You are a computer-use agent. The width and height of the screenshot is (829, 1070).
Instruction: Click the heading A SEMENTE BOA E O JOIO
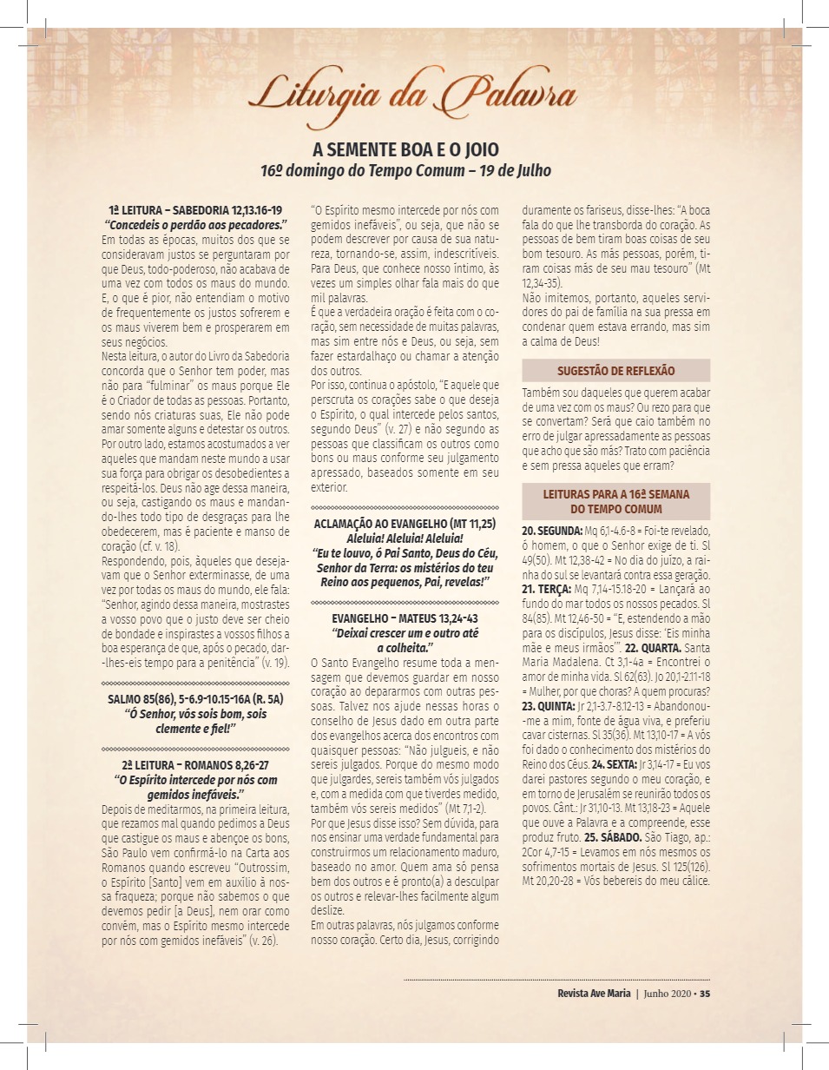pyautogui.click(x=405, y=149)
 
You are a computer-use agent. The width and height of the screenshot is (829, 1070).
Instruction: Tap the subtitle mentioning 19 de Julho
pyautogui.click(x=405, y=169)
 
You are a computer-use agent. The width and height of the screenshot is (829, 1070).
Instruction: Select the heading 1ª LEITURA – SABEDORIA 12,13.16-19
pyautogui.click(x=195, y=211)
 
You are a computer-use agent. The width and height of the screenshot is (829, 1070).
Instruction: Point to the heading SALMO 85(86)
pyautogui.click(x=195, y=699)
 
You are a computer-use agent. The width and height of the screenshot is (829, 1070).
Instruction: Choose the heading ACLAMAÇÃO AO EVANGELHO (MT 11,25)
pyautogui.click(x=405, y=524)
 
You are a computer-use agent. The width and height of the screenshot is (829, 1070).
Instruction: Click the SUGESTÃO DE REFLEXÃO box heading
pyautogui.click(x=615, y=371)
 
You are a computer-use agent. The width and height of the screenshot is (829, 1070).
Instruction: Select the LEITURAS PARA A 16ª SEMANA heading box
pyautogui.click(x=615, y=501)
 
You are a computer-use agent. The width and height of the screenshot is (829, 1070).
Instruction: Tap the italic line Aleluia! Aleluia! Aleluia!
pyautogui.click(x=405, y=538)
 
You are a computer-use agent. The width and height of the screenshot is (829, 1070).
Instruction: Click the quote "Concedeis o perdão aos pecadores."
pyautogui.click(x=195, y=224)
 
